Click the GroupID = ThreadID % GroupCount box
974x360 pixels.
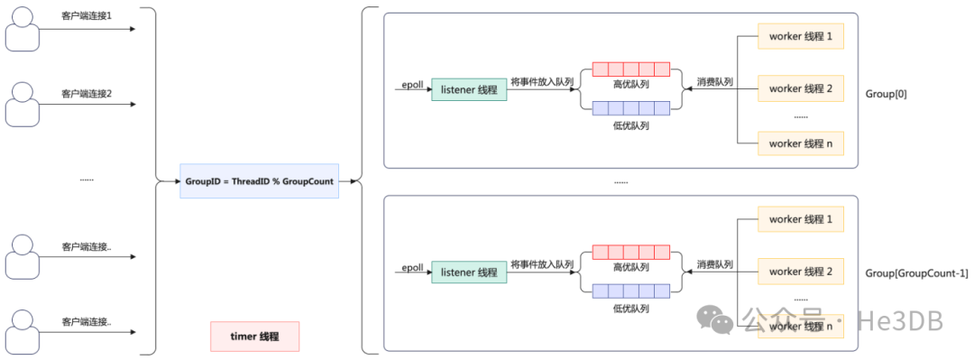tap(259, 181)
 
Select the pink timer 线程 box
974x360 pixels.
tap(254, 337)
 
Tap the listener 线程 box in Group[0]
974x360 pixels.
tap(469, 90)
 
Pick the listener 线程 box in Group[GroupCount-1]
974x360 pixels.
tap(469, 272)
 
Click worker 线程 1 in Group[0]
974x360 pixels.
tap(801, 37)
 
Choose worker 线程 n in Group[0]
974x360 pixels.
tap(801, 143)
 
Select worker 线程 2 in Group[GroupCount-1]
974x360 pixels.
tap(801, 271)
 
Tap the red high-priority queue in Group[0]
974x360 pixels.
tap(631, 69)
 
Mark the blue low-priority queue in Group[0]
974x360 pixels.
tap(631, 108)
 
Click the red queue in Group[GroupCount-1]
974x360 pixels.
tap(631, 252)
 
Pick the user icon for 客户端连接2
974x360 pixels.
tap(23, 105)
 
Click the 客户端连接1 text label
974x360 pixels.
tap(87, 15)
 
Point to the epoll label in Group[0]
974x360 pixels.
tap(412, 85)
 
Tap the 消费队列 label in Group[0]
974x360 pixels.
tap(714, 81)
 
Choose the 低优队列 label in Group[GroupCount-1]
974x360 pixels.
tap(631, 308)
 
